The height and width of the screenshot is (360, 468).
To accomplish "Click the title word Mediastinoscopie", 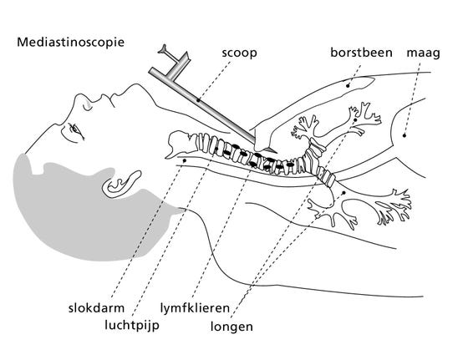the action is (70, 42).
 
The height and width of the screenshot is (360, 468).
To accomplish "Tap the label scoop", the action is (239, 53).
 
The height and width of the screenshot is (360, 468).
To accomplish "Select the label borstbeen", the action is (361, 53).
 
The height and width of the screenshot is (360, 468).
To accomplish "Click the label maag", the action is (423, 54).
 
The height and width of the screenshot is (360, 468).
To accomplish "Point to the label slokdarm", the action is (96, 307).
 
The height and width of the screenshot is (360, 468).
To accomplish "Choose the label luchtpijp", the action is (132, 325).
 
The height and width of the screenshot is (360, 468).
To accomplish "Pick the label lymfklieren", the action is (195, 308).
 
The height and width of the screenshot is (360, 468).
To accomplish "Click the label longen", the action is (231, 327).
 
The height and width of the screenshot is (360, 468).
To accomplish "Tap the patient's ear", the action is (121, 185).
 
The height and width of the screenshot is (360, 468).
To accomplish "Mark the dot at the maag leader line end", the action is (404, 135).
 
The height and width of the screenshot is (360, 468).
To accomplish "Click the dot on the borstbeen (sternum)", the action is (348, 85).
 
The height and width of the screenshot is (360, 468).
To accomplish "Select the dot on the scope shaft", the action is (198, 100).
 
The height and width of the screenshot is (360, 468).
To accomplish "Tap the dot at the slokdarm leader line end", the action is (185, 160).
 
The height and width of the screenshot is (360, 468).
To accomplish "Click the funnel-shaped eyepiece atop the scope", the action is (164, 49).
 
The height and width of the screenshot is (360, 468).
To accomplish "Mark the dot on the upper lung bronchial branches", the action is (355, 120).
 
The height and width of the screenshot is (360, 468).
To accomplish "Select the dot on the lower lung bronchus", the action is (343, 193).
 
